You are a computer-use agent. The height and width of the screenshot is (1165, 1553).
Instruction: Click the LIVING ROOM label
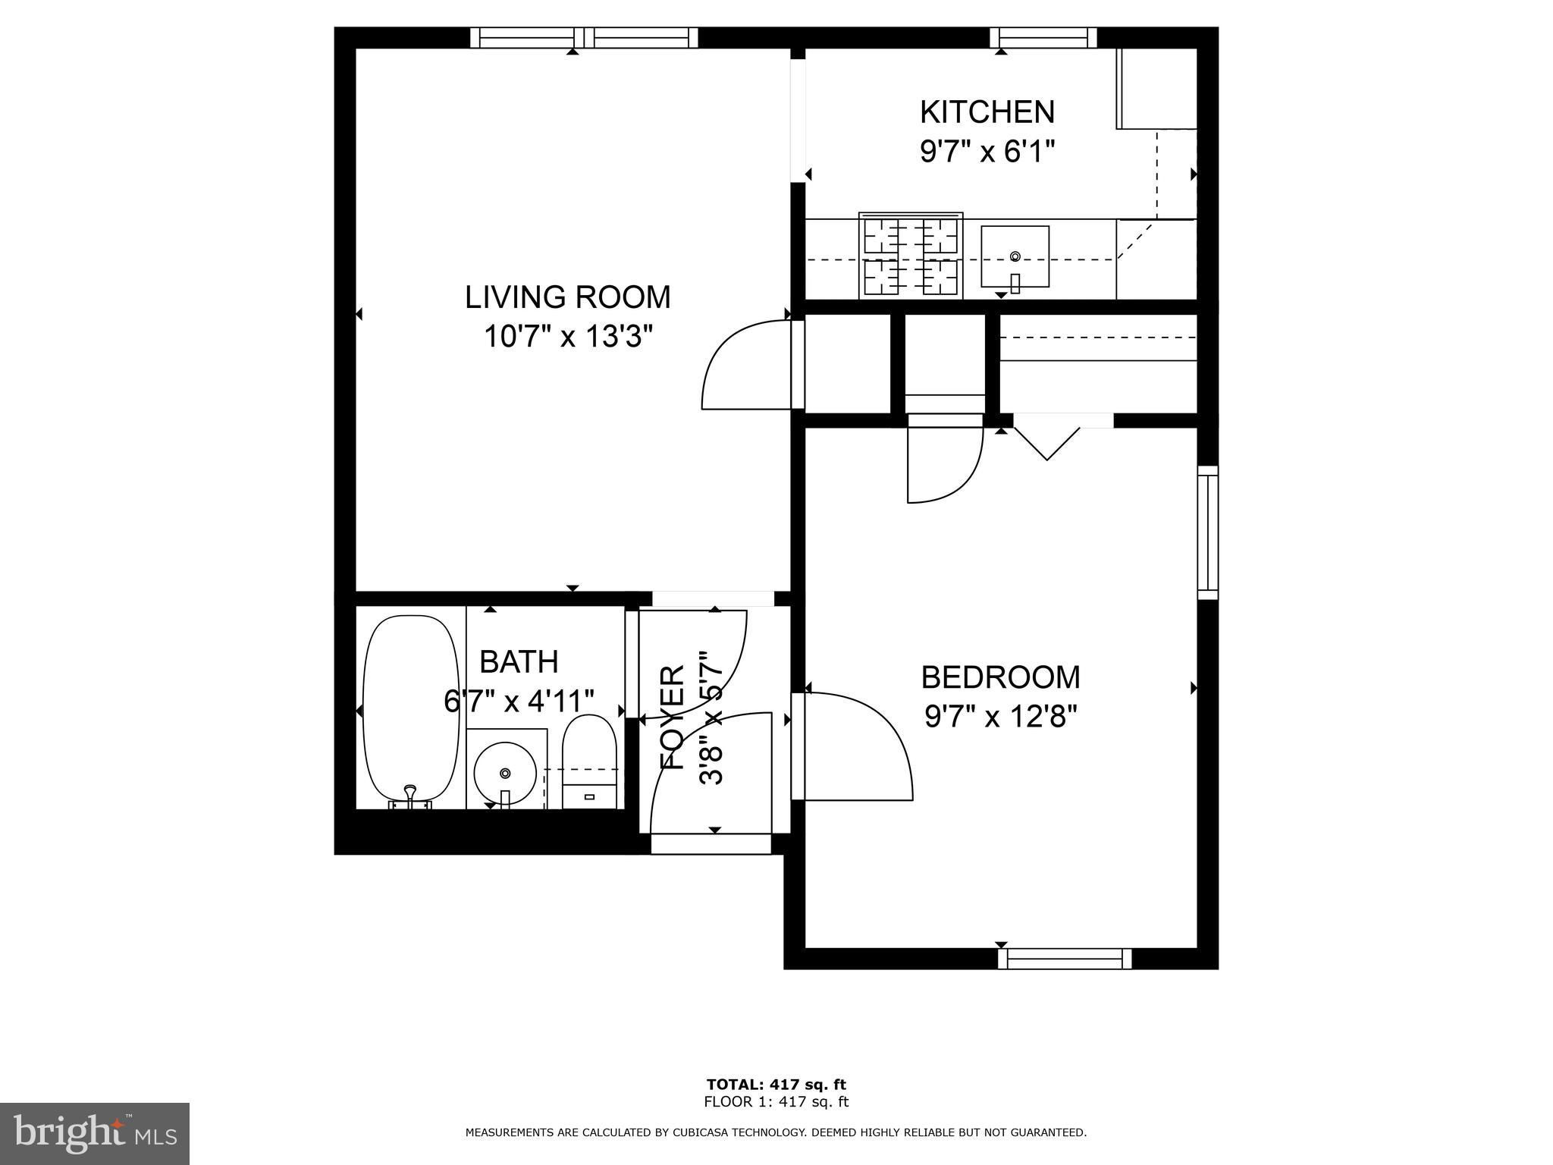(x=568, y=297)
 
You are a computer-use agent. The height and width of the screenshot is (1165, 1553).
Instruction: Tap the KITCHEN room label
(x=987, y=112)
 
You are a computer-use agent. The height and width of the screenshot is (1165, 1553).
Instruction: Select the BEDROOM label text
(x=1000, y=677)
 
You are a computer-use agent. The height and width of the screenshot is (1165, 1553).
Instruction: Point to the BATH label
(x=519, y=662)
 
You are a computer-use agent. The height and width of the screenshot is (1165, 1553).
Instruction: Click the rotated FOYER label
(x=673, y=718)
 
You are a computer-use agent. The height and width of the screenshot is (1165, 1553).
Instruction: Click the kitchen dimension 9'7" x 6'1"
(x=987, y=152)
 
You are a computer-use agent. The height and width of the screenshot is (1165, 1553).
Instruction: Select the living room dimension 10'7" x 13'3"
(x=568, y=336)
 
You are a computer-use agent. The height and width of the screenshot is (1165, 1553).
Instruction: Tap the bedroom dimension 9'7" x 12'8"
(x=1001, y=716)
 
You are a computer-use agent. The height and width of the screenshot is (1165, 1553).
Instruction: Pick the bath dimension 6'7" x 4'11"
(x=519, y=701)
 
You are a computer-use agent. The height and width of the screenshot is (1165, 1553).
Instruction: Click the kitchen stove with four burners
(x=911, y=256)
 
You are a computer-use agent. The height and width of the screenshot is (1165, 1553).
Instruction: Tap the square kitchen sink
(x=1015, y=257)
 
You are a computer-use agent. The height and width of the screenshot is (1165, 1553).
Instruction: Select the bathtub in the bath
(x=412, y=711)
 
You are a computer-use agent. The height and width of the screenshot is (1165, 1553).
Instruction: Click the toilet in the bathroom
(x=590, y=761)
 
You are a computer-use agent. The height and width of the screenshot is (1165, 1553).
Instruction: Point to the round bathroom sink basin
(x=505, y=774)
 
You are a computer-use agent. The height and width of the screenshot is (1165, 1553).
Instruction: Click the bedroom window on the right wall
(x=1208, y=532)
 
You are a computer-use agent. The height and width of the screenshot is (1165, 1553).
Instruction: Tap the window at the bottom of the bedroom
(x=1065, y=959)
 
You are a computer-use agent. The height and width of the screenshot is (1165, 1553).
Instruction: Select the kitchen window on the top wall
(x=1043, y=38)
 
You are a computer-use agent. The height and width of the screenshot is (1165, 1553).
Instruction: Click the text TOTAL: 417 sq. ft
(x=776, y=1085)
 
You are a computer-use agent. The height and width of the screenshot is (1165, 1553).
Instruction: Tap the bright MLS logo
(x=95, y=1134)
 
